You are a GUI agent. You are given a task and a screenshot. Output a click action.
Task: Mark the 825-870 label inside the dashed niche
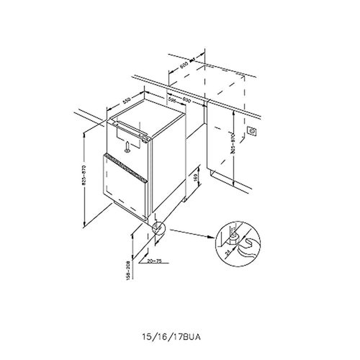click(x=233, y=142)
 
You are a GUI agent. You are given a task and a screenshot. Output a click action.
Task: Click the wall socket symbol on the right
click(x=253, y=132)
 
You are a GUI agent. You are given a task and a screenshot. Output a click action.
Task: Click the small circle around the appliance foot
click(x=158, y=229)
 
